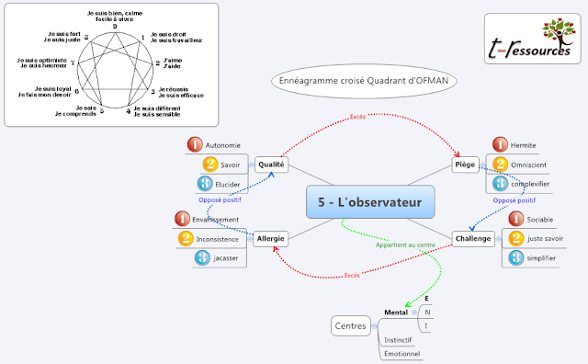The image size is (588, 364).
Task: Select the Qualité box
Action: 271,165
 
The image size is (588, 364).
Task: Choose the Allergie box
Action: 271,238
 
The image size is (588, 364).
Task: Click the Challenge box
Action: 472,238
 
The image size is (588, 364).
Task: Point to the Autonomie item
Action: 223,144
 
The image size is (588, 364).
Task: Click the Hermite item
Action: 523,144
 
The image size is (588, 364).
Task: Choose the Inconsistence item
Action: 217,239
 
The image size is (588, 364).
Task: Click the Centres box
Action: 350,325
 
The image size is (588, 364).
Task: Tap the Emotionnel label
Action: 401,353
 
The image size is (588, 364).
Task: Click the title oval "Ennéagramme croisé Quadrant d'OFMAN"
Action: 366,81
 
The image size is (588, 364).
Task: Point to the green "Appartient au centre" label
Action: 404,245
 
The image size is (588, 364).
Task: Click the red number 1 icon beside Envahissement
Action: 195,219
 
